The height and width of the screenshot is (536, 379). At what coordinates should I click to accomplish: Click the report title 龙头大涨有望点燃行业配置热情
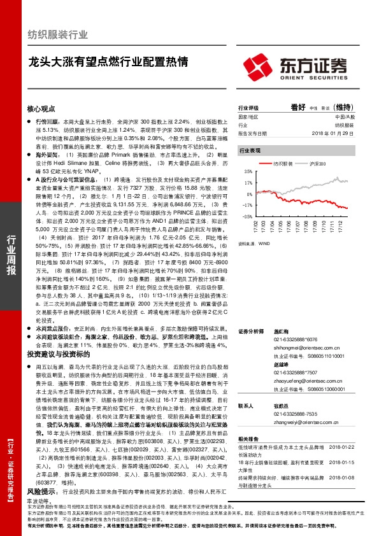coord(108,62)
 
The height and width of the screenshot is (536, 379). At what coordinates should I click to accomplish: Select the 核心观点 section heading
coord(41,108)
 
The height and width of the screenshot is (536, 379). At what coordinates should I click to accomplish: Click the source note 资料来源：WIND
coord(251,243)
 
